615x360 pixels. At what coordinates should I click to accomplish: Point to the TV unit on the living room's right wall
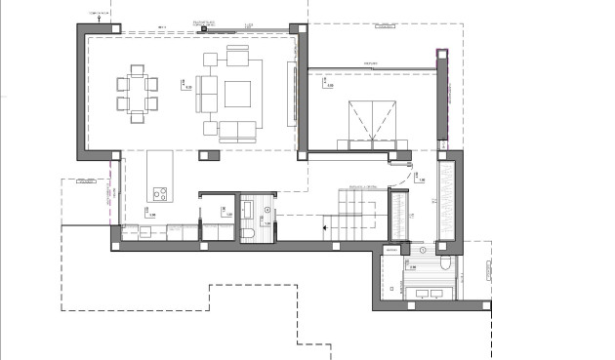(x=289, y=93)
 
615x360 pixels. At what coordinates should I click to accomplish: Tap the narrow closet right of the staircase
(x=397, y=214)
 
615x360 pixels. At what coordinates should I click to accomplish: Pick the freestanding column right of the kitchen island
(x=203, y=153)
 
